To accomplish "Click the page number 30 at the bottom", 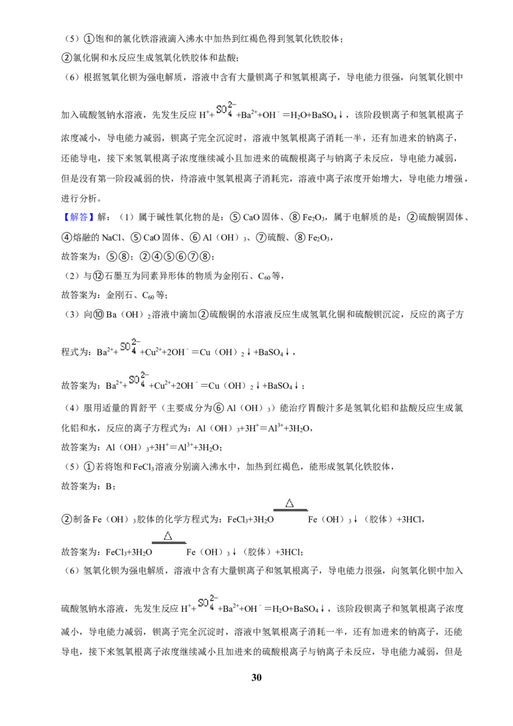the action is pos(256,677).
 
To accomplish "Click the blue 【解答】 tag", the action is pos(76,217).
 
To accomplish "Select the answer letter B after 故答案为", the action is pos(108,486).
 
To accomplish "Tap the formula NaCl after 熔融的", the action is pos(111,237).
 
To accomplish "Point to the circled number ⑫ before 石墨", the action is pos(97,276).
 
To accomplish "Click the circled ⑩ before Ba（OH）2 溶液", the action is pos(99,315).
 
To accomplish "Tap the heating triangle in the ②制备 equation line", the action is pos(290,503).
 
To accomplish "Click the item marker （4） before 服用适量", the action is pos(72,408).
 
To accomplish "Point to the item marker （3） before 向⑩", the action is pos(72,315).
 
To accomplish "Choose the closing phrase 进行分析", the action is pos(79,199).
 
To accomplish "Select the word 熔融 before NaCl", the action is pos(81,237).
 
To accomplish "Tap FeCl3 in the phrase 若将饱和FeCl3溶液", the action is pos(144,467).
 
